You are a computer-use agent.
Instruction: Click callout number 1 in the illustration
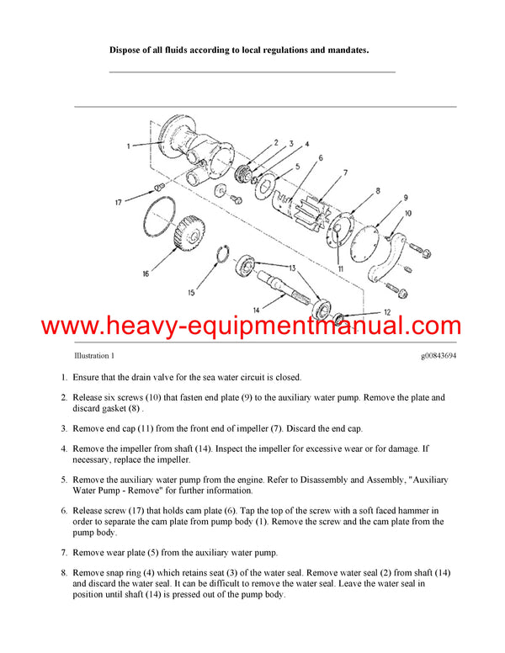(129, 146)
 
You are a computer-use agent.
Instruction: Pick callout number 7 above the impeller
(344, 174)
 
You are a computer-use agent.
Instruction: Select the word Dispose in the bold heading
(129, 50)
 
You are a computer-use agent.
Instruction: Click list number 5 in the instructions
(64, 479)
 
